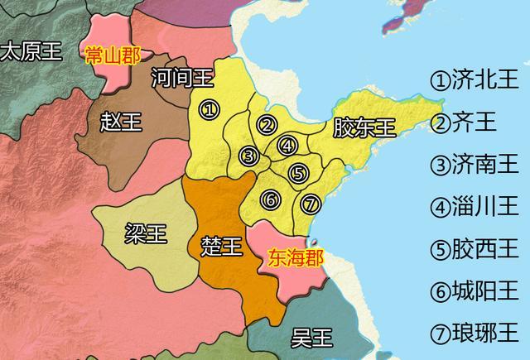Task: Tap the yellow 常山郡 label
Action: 113,55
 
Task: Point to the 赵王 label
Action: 120,122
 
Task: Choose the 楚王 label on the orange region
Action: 222,246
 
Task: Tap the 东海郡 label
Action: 291,257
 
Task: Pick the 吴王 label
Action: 312,337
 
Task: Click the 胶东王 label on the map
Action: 364,127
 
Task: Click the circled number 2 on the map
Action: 267,125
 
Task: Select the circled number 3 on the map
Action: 248,156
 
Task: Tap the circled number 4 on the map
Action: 287,145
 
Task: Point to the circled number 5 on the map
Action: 299,173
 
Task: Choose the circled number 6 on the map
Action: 269,199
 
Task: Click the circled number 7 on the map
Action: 310,203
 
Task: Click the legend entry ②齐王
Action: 464,122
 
